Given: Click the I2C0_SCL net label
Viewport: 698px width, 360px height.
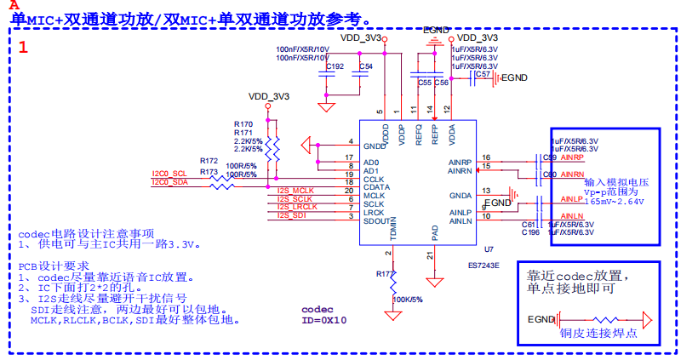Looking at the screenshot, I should pos(169,174).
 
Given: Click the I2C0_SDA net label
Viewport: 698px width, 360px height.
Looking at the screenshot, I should pos(169,182).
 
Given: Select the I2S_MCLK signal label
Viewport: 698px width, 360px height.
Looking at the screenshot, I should pos(296,190).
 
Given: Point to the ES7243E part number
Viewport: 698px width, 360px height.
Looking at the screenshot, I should pos(483,265).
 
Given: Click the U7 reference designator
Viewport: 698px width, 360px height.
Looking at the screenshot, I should pos(488,249).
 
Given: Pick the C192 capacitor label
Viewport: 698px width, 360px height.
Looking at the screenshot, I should pos(335,66).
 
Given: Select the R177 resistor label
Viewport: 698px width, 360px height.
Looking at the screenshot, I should pos(386,274).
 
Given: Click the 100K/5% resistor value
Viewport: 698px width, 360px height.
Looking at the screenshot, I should pos(408,300).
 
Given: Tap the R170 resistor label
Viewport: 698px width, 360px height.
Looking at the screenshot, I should pos(243,124).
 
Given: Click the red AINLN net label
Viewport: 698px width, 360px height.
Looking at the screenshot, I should pos(572,217).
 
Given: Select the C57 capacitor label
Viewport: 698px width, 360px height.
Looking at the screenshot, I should pos(483,74).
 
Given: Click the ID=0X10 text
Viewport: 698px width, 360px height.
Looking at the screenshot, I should pos(324,320).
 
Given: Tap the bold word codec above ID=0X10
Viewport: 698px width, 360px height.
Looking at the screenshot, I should pos(318,309).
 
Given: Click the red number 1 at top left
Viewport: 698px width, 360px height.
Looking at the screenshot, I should pos(23,48).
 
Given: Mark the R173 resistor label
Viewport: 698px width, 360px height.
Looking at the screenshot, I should pos(209,172).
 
